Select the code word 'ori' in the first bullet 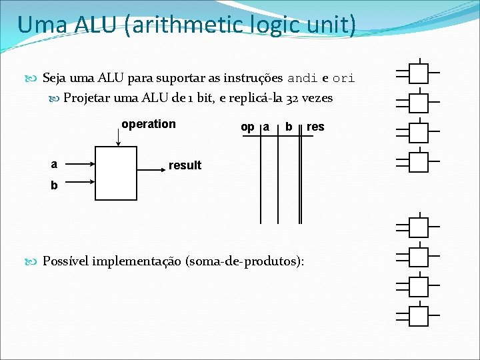[x=343, y=78]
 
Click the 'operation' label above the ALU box [x=149, y=124]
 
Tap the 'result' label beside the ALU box [x=185, y=165]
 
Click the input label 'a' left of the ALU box [x=54, y=164]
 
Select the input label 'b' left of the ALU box [x=54, y=186]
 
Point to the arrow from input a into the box [x=81, y=163]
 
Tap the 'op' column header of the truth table [x=247, y=127]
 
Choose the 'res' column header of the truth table [x=315, y=127]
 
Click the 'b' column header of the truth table [x=288, y=127]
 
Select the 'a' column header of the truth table [x=266, y=127]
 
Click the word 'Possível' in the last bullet [x=66, y=261]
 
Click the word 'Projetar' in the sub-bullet [x=88, y=98]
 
